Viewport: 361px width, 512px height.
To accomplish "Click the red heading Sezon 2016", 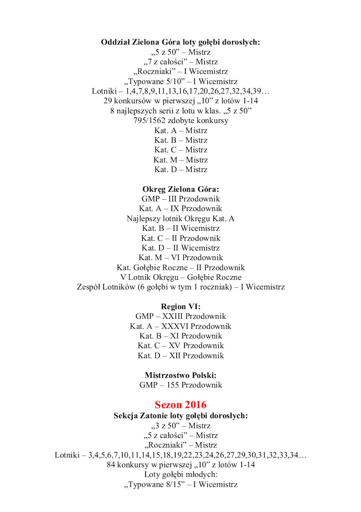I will click(x=180, y=405).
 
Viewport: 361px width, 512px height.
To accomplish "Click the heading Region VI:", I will click(x=181, y=307).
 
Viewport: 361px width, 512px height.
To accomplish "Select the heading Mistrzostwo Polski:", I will click(x=181, y=375).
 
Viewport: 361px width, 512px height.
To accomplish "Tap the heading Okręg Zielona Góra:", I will click(x=181, y=189).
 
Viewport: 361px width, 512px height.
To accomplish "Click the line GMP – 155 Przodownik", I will click(x=181, y=385).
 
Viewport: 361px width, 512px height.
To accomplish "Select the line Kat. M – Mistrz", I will click(x=181, y=160).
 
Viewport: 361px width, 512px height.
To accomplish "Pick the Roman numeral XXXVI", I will click(x=175, y=326).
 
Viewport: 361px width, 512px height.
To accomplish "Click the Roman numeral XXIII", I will click(x=172, y=316).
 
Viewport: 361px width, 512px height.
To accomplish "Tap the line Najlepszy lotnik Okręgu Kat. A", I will click(x=181, y=218).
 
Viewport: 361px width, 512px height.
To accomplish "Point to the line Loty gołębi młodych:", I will click(x=181, y=474).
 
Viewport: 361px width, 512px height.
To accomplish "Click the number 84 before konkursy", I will click(x=111, y=465).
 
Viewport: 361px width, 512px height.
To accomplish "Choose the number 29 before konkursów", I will click(x=108, y=101).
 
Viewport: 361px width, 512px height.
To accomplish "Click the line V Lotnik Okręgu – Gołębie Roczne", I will click(x=181, y=278).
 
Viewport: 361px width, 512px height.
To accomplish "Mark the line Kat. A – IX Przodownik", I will click(x=181, y=209).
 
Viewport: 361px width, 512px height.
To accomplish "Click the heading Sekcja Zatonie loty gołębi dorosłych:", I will click(x=181, y=416).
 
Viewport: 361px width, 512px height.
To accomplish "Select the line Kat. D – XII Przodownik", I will click(x=181, y=356).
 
